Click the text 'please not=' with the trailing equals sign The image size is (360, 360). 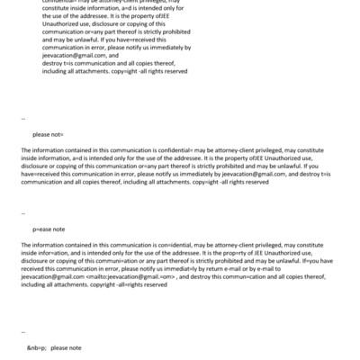(x=48, y=134)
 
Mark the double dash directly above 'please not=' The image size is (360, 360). (x=22, y=118)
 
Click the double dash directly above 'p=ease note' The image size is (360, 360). (x=22, y=213)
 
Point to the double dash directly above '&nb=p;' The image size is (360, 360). (x=22, y=331)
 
